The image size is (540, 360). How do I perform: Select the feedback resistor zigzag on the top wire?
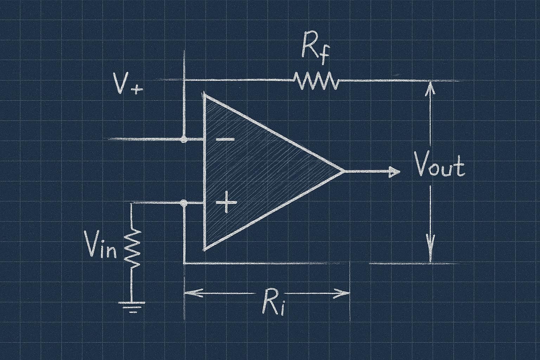pyautogui.click(x=316, y=81)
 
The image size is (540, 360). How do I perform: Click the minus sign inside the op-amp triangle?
pyautogui.click(x=225, y=140)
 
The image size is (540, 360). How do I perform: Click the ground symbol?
pyautogui.click(x=133, y=306)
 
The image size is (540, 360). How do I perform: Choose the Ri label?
pyautogui.click(x=273, y=304)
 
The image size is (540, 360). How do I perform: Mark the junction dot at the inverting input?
pyautogui.click(x=183, y=139)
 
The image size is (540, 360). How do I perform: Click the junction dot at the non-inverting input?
pyautogui.click(x=183, y=203)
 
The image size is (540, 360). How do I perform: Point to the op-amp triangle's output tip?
pyautogui.click(x=342, y=172)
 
